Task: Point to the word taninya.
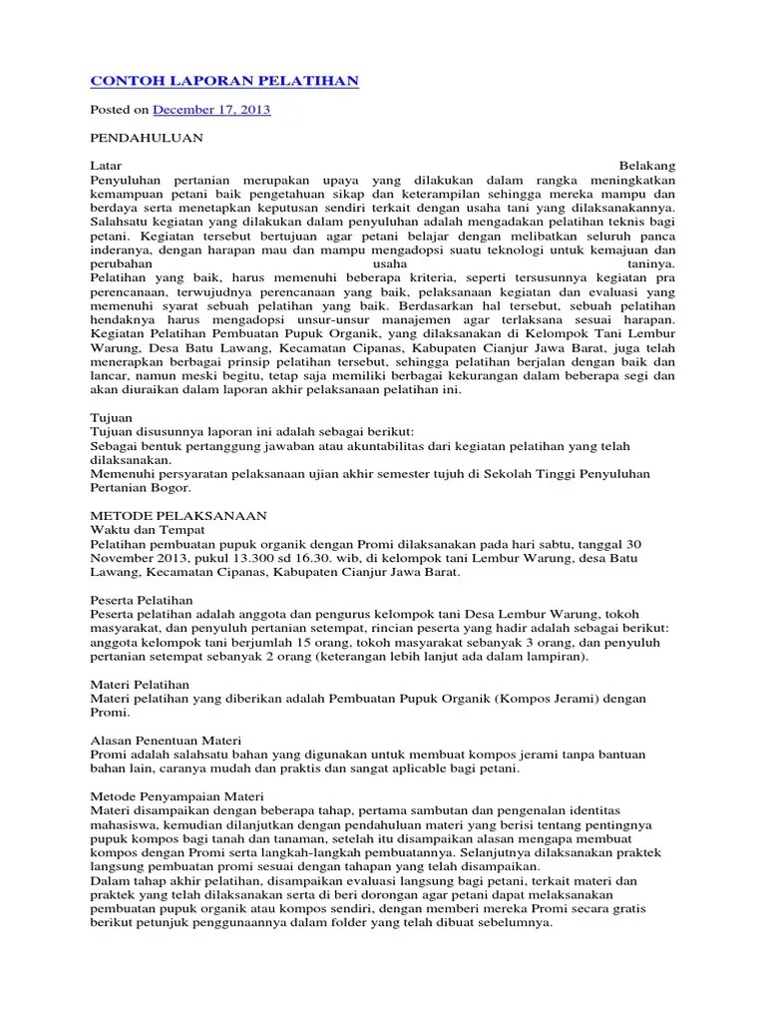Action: point(648,262)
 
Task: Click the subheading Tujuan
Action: point(112,416)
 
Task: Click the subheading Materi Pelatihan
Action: point(139,684)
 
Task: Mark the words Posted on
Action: point(120,109)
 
